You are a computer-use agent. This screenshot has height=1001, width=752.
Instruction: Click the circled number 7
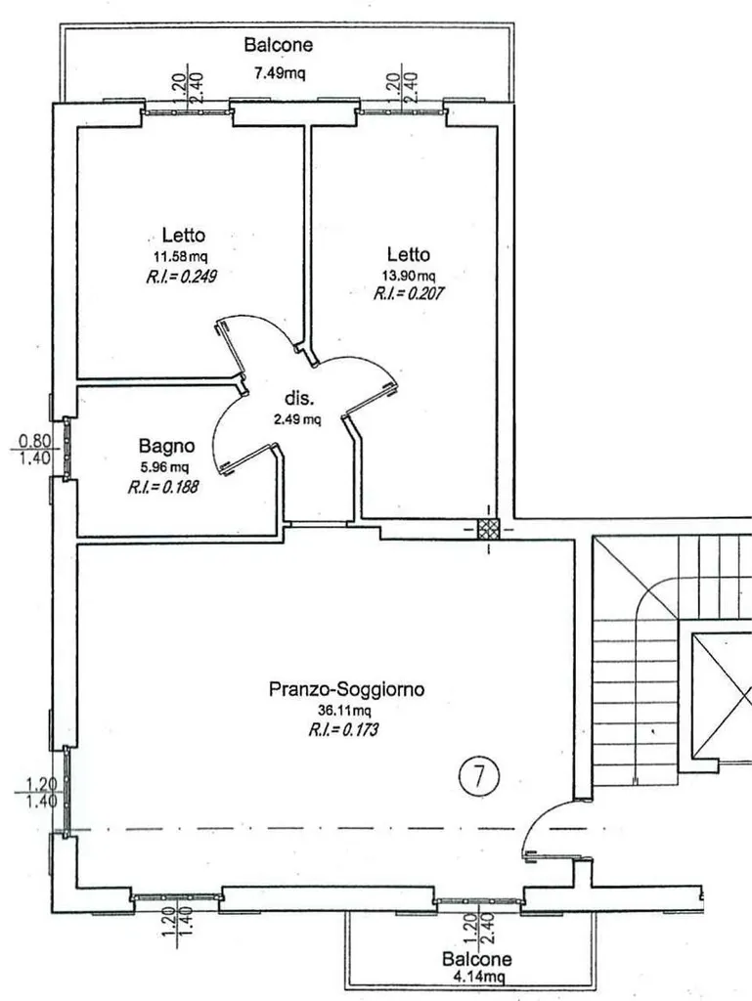click(x=479, y=775)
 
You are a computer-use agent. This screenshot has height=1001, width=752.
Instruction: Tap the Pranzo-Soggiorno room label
click(x=346, y=689)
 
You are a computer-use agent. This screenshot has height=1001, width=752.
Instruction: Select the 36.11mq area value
click(x=344, y=710)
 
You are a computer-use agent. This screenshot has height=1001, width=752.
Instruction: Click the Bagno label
click(x=166, y=446)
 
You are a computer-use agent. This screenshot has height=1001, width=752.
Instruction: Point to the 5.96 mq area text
click(x=164, y=466)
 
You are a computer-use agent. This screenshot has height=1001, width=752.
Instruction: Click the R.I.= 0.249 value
click(x=182, y=277)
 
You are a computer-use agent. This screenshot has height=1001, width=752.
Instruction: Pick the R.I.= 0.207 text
click(x=409, y=293)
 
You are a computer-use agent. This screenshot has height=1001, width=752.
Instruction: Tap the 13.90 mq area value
click(x=409, y=276)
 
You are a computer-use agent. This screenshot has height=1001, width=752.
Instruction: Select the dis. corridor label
click(x=299, y=399)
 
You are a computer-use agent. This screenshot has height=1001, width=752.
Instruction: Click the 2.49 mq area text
click(x=297, y=419)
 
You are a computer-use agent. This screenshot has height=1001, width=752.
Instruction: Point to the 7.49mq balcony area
click(x=280, y=73)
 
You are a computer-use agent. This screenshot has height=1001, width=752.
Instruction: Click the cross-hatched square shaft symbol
click(x=489, y=529)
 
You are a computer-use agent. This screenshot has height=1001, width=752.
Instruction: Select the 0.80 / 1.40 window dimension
click(x=34, y=450)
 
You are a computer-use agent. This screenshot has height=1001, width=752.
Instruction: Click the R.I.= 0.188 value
click(x=162, y=487)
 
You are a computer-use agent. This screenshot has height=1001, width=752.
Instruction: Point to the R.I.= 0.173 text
click(x=343, y=729)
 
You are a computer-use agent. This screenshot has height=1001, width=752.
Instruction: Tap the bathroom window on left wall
click(x=66, y=449)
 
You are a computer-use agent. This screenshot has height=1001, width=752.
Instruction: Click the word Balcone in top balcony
click(x=279, y=45)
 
